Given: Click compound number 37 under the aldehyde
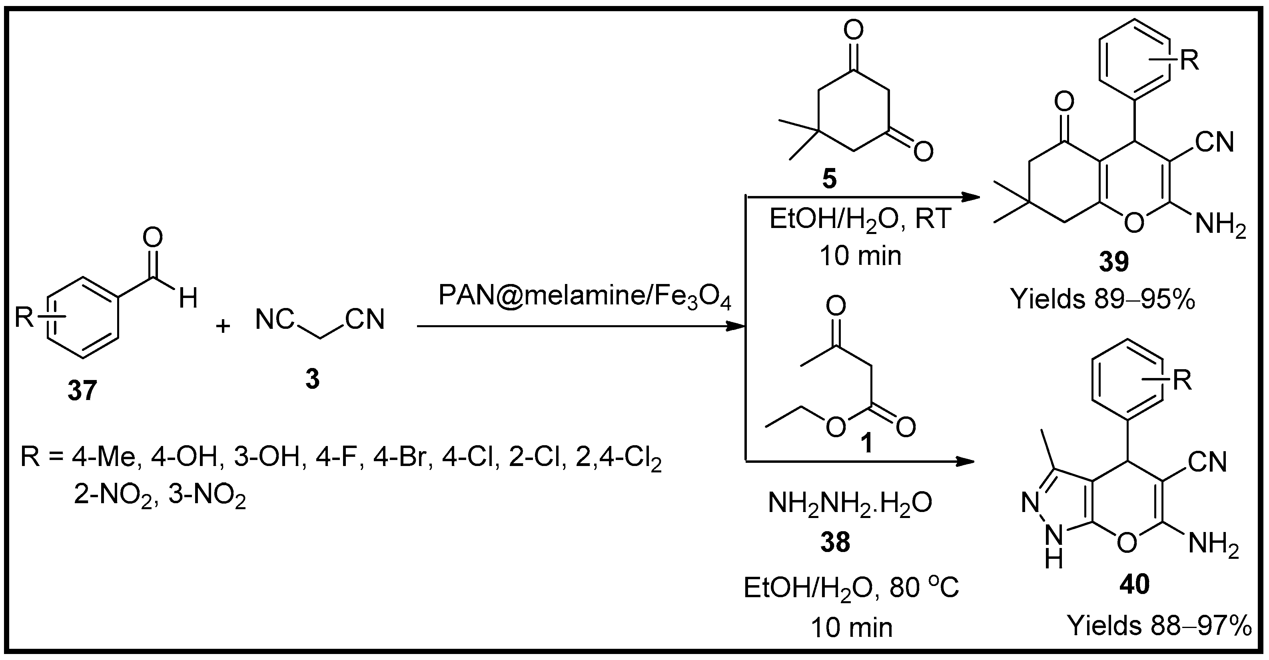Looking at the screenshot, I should [82, 391].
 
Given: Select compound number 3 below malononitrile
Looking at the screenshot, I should [312, 380].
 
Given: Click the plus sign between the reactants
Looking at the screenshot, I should [223, 326].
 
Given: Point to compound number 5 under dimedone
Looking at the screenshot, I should [829, 179].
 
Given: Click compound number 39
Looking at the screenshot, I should [1114, 262].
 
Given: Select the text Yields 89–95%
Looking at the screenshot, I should [1103, 299].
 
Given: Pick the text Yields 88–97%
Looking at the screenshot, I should [1159, 626].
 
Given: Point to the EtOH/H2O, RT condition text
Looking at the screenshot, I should [860, 219].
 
